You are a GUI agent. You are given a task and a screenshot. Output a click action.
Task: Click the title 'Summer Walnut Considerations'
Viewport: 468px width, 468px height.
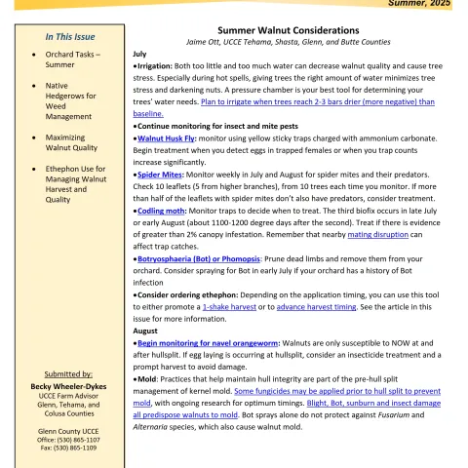288,31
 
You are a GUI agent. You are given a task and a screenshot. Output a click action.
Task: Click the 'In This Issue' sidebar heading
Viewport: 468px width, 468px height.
63,36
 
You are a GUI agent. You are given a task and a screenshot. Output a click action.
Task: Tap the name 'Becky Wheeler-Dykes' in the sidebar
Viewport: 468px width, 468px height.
63,386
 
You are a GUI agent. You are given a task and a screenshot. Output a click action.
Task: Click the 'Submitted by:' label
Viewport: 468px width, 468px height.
63,374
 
